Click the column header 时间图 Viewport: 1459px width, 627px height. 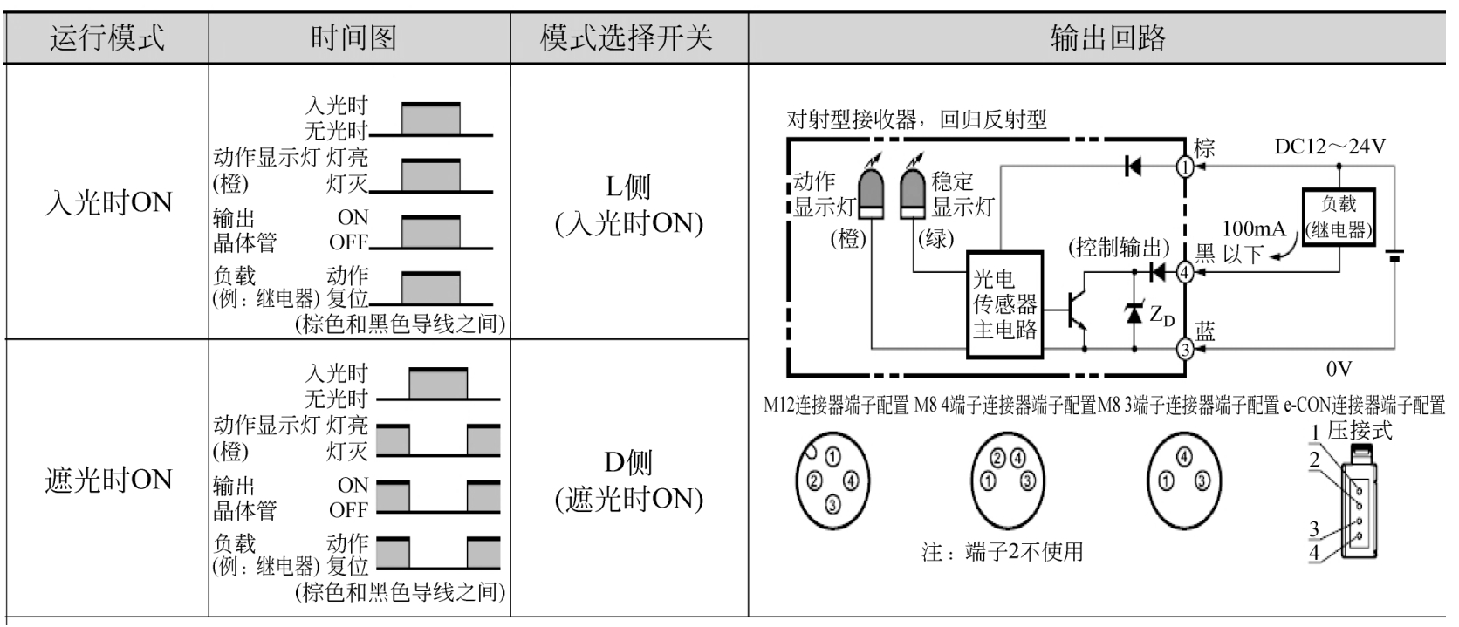[x=353, y=37]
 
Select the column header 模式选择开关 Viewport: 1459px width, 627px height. [x=627, y=37]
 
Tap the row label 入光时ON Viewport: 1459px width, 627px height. [x=108, y=202]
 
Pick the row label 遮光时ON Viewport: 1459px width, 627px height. [x=108, y=480]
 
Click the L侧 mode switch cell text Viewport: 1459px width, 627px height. [x=629, y=205]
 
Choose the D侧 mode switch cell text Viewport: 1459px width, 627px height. [x=629, y=480]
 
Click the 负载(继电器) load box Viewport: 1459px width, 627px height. [x=1339, y=217]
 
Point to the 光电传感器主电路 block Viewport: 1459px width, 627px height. [x=1004, y=304]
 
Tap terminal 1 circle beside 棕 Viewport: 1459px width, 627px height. [x=1185, y=167]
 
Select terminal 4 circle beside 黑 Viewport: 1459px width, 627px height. [x=1185, y=272]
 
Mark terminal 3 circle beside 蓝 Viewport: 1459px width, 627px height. [x=1185, y=349]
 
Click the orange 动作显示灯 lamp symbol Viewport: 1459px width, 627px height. [x=872, y=191]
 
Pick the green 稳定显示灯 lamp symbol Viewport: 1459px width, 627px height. [x=913, y=191]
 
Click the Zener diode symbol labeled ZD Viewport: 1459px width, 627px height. [x=1134, y=313]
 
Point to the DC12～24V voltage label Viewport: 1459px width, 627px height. [x=1330, y=147]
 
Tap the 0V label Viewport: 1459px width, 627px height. [x=1339, y=369]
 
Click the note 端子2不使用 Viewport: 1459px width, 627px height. [x=1003, y=552]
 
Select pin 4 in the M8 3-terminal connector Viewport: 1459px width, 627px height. [x=1184, y=456]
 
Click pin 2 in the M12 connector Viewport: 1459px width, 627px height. [x=814, y=481]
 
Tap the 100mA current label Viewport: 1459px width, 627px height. [x=1254, y=228]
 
